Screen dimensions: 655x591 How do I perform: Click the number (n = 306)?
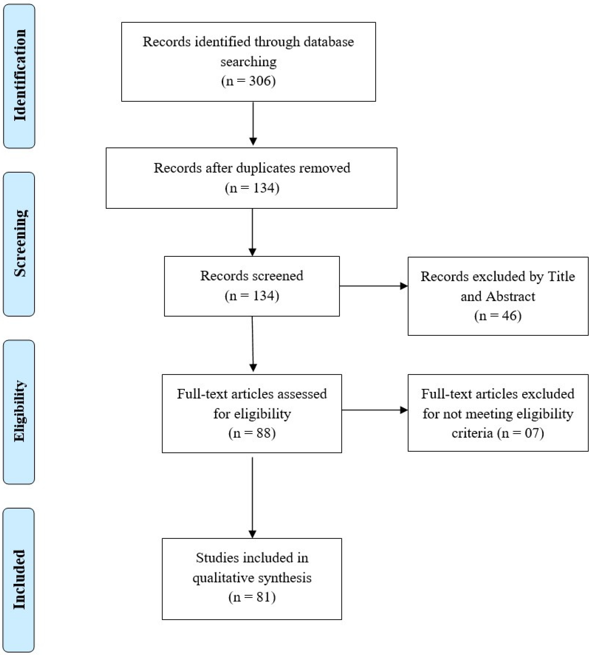248,81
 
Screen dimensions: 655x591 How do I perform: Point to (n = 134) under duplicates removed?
252,188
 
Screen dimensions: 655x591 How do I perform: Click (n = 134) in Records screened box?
252,296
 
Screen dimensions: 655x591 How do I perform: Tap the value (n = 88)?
252,433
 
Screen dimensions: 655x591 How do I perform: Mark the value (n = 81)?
252,597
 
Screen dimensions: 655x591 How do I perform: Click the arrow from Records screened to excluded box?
373,286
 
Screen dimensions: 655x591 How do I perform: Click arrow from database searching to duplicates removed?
253,123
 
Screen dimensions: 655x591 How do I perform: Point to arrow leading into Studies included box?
252,497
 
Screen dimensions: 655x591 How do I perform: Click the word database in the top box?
329,42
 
